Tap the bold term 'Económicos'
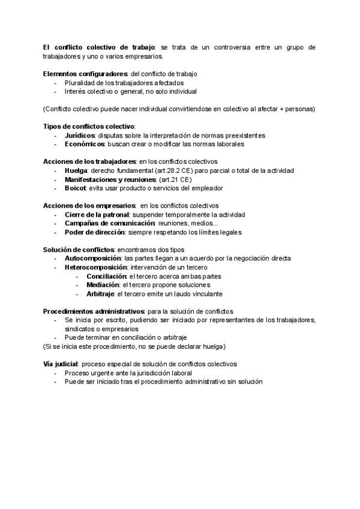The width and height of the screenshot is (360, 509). pyautogui.click(x=84, y=144)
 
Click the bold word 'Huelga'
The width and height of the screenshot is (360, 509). pyautogui.click(x=76, y=170)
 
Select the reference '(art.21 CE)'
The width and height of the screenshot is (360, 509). pyautogui.click(x=175, y=179)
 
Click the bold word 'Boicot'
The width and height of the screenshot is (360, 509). pyautogui.click(x=76, y=188)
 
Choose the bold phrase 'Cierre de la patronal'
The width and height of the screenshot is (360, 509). pyautogui.click(x=97, y=214)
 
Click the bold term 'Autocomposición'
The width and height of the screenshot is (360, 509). pyautogui.click(x=89, y=259)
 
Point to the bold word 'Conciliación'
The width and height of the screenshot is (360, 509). pyautogui.click(x=106, y=276)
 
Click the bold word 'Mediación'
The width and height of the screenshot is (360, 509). pyautogui.click(x=103, y=285)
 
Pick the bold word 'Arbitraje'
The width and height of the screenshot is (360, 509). pyautogui.click(x=102, y=294)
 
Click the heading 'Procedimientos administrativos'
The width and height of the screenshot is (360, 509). pyautogui.click(x=94, y=312)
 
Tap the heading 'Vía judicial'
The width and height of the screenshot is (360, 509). pyautogui.click(x=60, y=364)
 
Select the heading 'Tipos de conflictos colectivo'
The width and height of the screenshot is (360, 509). pyautogui.click(x=89, y=127)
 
